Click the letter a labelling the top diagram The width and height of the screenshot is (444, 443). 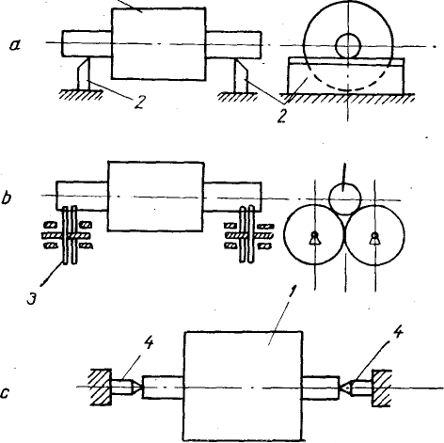(x=15, y=45)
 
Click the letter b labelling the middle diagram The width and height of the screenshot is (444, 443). (x=7, y=198)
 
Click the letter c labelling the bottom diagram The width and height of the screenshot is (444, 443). (x=6, y=393)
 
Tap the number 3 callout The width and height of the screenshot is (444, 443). (x=31, y=298)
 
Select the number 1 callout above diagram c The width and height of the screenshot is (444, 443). (x=292, y=293)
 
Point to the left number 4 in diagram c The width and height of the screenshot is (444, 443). (x=149, y=343)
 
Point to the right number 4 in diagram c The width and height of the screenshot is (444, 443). (x=397, y=332)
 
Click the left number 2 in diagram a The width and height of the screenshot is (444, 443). (x=139, y=103)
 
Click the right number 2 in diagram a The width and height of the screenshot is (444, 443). (x=282, y=115)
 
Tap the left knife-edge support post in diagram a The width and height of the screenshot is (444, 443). (x=84, y=74)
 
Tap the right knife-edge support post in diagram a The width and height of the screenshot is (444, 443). (x=241, y=75)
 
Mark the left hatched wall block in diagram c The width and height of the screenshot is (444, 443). (x=101, y=387)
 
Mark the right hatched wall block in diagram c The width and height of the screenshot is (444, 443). (x=382, y=388)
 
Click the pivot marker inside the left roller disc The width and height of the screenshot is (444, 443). (x=314, y=238)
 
